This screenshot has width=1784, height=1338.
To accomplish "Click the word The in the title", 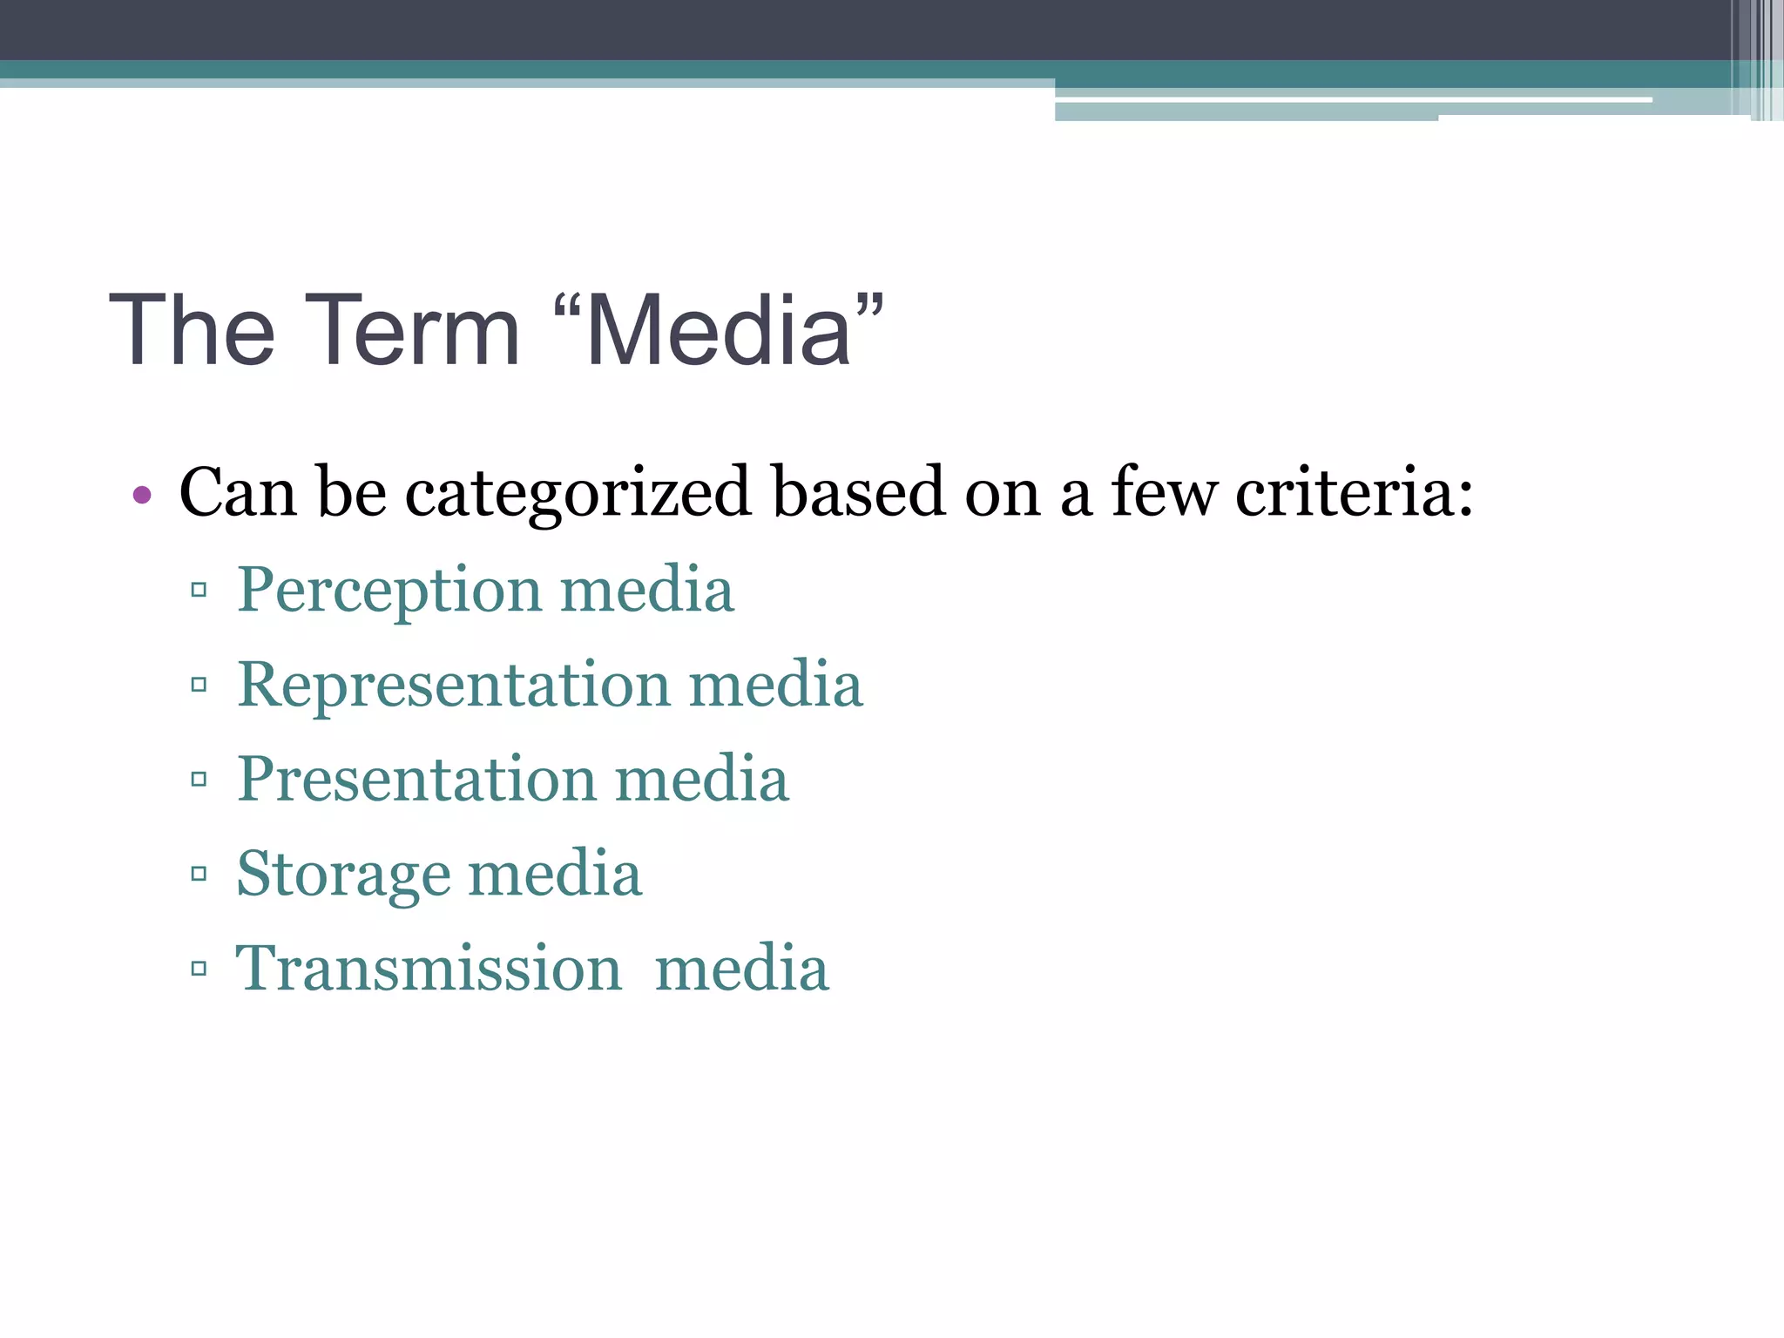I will (192, 331).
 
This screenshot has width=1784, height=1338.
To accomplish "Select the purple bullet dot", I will (142, 496).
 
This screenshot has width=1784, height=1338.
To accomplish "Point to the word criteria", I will (1354, 493).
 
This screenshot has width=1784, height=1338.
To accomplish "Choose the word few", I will (1163, 493).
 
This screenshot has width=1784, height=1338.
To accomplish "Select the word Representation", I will (454, 686).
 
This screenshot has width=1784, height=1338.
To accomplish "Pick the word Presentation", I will (417, 780).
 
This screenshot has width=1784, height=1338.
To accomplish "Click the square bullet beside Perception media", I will (199, 591).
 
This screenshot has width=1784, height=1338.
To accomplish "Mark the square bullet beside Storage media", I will (199, 873).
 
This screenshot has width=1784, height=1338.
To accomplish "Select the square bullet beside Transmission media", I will (199, 968).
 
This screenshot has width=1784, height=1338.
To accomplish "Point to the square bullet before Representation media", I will (199, 685).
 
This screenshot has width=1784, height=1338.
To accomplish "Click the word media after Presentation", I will (702, 780).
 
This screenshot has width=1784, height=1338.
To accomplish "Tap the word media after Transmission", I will (741, 968).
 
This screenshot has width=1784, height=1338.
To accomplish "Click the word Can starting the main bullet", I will (238, 493).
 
